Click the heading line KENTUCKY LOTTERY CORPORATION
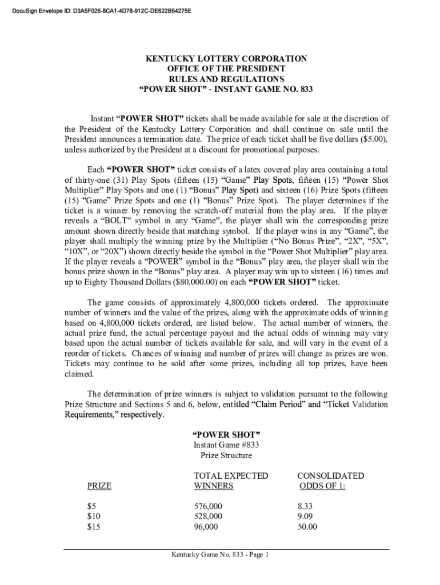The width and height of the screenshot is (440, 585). click(226, 59)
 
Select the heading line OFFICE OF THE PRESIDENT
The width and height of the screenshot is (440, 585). click(226, 69)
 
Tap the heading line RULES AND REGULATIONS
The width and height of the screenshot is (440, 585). click(226, 79)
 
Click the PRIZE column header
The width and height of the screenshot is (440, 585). click(99, 486)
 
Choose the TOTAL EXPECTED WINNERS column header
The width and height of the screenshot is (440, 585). click(231, 481)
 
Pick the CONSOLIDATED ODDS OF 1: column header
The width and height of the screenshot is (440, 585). click(330, 481)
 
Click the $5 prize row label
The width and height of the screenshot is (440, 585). click(91, 507)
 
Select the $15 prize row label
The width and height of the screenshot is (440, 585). click(94, 527)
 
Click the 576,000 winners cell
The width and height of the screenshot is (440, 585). click(209, 507)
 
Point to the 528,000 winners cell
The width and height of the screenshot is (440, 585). click(209, 517)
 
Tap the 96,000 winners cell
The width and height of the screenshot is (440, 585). click(206, 527)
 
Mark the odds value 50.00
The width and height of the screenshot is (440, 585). click(307, 527)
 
